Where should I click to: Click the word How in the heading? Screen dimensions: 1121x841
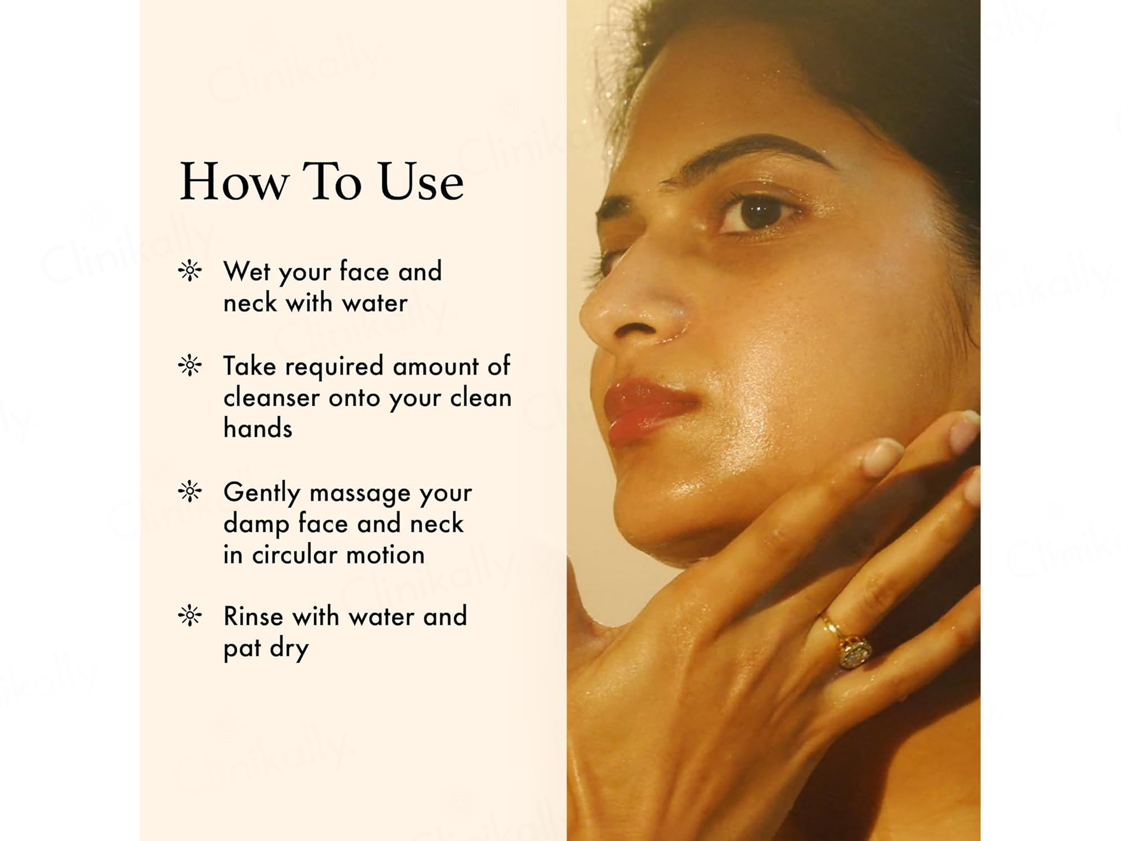[235, 182]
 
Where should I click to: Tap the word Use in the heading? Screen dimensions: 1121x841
[421, 182]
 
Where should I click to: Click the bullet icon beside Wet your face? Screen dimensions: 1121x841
[190, 271]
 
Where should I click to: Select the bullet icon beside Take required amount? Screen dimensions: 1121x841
[190, 365]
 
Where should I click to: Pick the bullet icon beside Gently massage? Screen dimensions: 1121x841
[190, 491]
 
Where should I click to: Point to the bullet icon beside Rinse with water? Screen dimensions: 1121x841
[190, 616]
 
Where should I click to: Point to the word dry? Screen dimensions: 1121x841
[289, 649]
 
